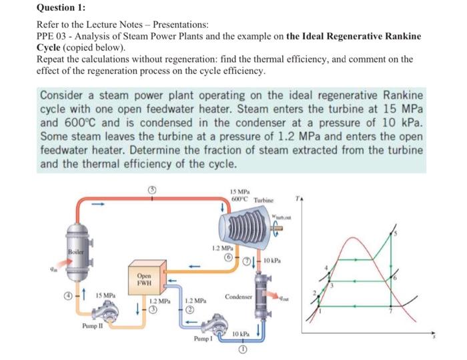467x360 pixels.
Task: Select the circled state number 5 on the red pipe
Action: tap(152, 189)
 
